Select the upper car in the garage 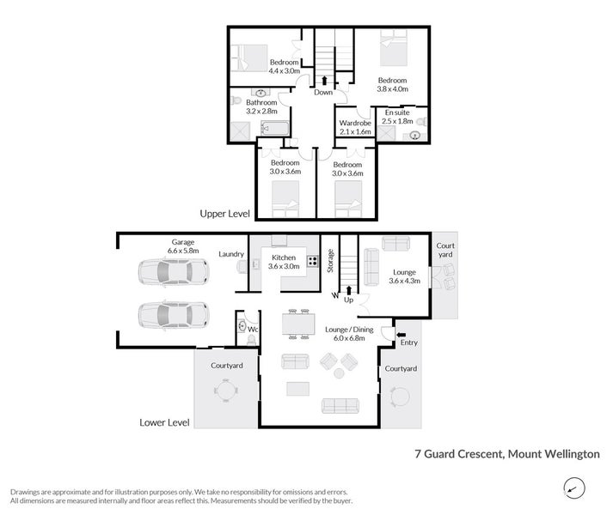coord(172,273)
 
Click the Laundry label coord(232,254)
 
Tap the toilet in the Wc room coord(243,328)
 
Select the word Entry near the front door coord(408,343)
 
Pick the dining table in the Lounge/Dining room coord(297,324)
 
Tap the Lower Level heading coord(164,422)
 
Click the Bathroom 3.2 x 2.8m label coord(261,106)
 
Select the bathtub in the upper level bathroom coord(275,130)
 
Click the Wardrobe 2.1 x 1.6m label coord(355,127)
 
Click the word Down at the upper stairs coord(323,92)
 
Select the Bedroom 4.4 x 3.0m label coord(285,66)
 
